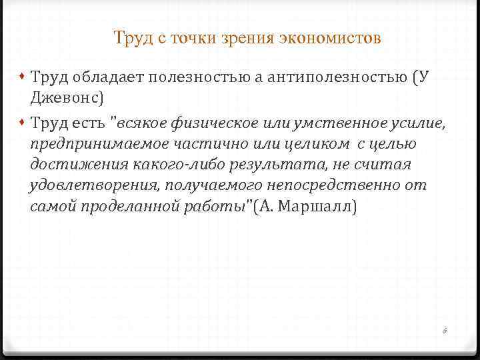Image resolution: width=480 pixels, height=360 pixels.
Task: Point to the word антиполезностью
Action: pyautogui.click(x=337, y=77)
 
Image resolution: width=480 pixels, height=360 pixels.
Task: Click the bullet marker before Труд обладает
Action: pyautogui.click(x=23, y=77)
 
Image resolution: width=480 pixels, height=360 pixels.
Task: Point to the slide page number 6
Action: pyautogui.click(x=445, y=330)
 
